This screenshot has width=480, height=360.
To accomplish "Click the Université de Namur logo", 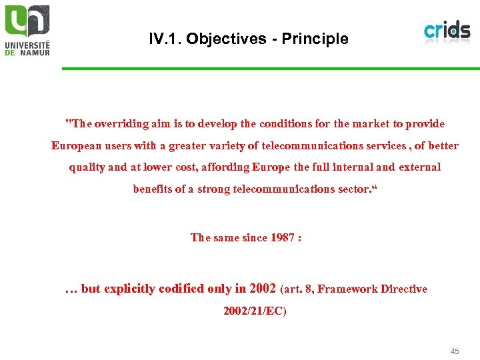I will coord(27,30).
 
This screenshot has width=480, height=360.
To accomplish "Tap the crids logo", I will coord(447,31).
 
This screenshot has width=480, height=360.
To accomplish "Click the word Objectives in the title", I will coord(227,39).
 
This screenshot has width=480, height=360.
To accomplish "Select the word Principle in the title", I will coord(315,39).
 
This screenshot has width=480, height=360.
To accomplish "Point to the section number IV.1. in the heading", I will coord(165,39).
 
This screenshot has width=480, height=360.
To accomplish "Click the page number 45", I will coord(455,351).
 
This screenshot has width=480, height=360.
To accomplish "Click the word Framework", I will coord(349,289).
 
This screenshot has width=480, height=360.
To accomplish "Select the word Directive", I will coord(403,289).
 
